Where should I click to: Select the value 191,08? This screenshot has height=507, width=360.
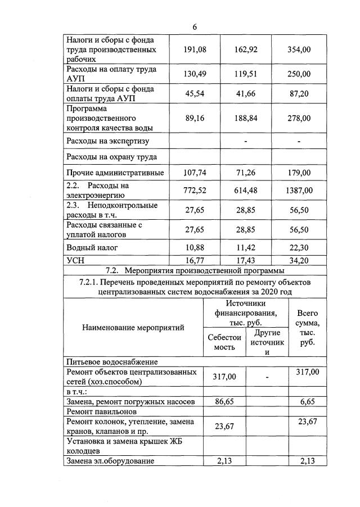[195, 49]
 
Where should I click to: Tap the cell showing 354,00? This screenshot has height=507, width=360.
[299, 49]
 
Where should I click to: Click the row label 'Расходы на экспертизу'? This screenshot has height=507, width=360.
[107, 141]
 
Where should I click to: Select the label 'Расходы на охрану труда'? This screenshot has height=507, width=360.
[111, 157]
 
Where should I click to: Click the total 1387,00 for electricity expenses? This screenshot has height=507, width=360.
[299, 191]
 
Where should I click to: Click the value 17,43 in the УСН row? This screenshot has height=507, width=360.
[246, 260]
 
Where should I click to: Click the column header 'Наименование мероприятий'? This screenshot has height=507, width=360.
[133, 328]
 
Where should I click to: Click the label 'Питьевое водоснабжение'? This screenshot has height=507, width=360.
[112, 361]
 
